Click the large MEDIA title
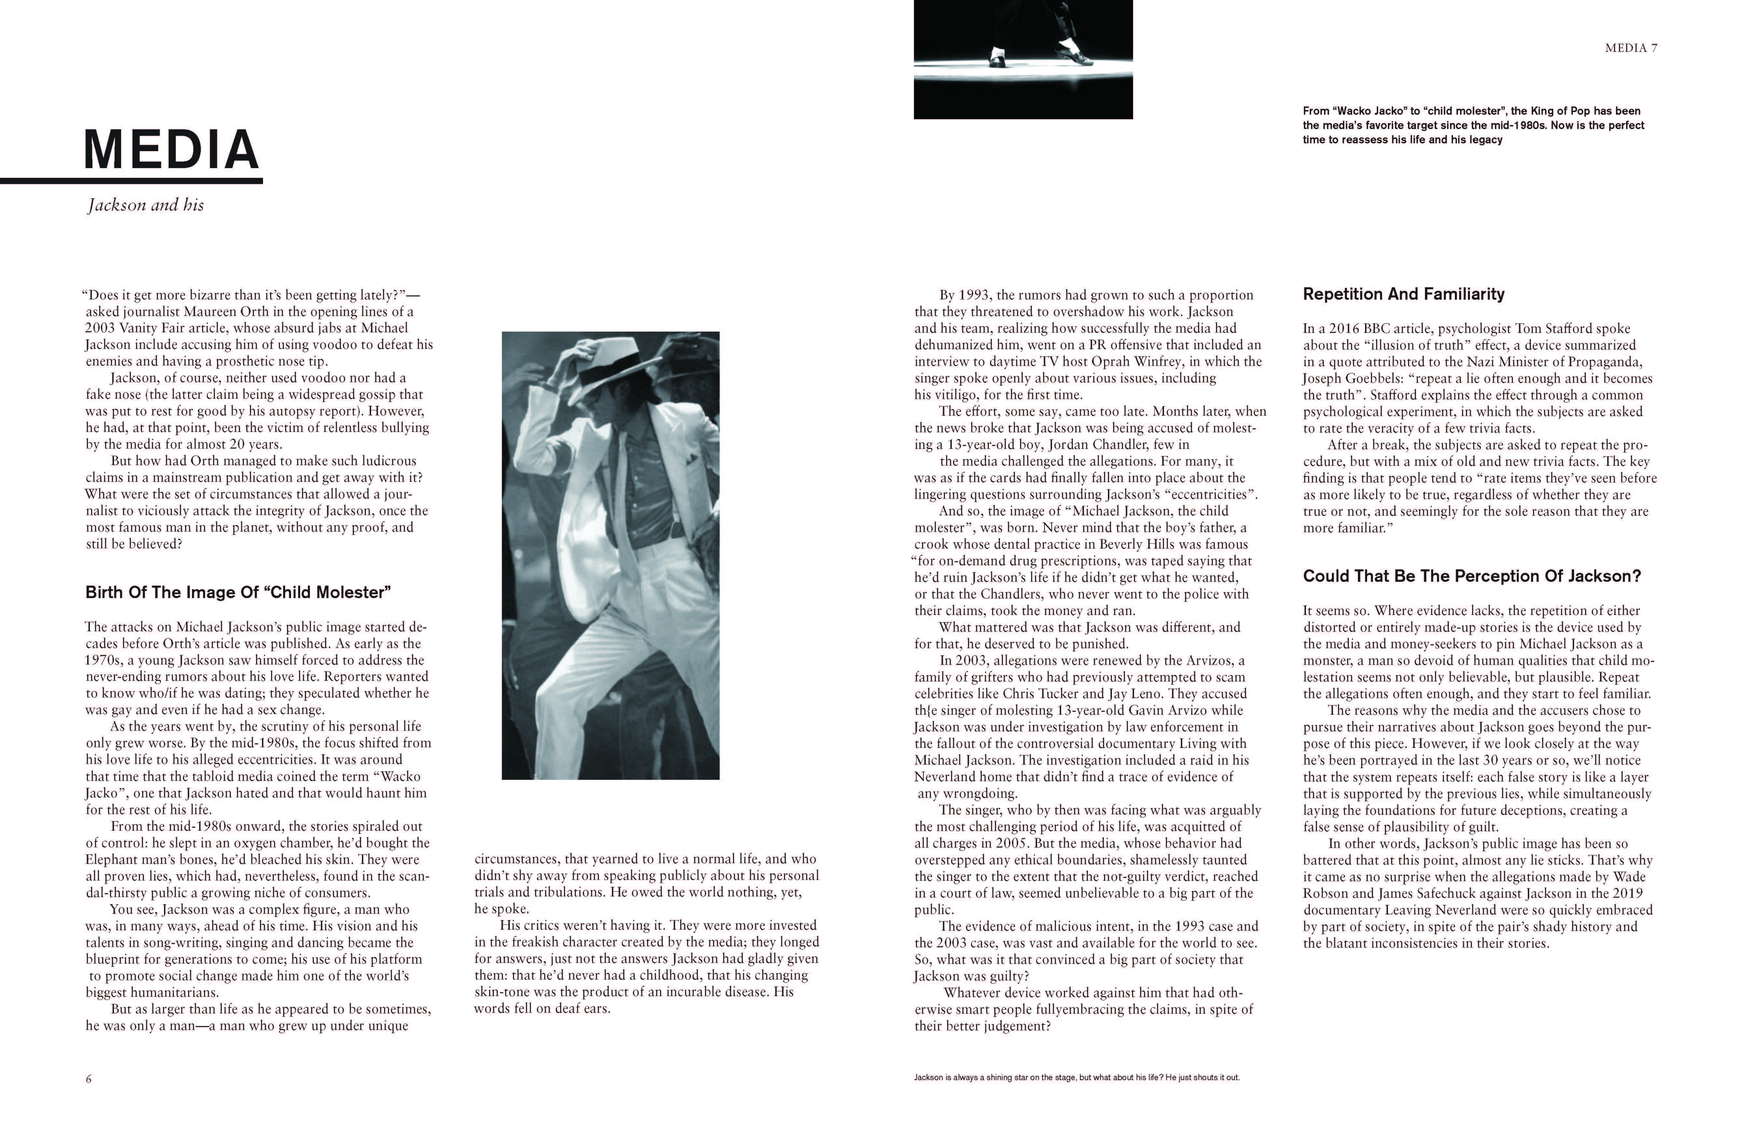point(171,150)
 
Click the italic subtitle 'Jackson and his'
point(146,205)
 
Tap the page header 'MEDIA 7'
point(1631,48)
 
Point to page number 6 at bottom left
point(89,1079)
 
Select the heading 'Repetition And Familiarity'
point(1403,294)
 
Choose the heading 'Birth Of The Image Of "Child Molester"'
point(238,593)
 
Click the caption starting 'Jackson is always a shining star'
point(1077,1078)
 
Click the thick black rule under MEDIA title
point(132,180)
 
